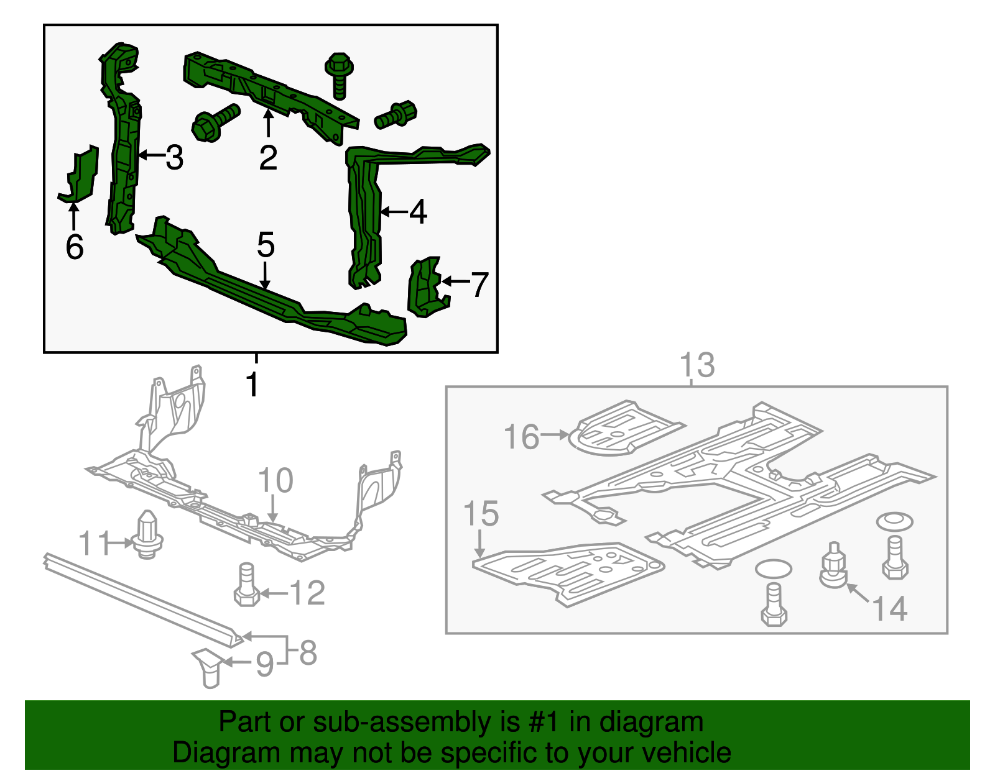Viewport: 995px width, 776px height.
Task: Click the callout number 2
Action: point(268,158)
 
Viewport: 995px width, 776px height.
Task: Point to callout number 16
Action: point(521,437)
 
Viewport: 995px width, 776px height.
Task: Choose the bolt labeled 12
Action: point(246,585)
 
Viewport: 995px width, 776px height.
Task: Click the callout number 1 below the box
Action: point(252,385)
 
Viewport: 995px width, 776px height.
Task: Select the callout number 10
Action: point(275,481)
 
